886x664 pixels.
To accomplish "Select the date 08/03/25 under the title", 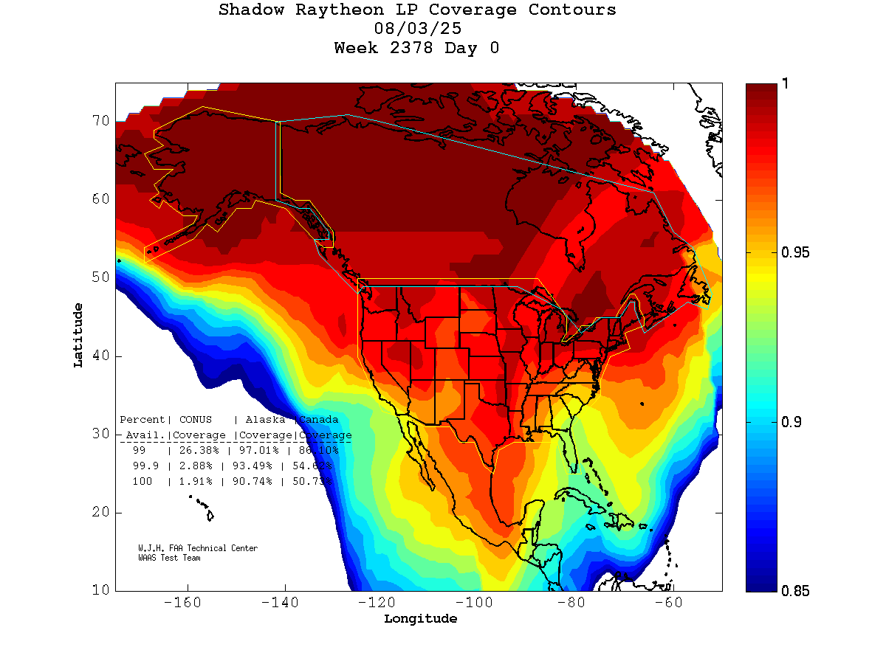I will (x=419, y=30).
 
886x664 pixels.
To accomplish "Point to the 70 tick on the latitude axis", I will (x=100, y=120).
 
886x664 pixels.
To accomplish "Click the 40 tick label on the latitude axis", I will (x=100, y=356).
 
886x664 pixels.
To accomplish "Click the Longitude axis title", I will (x=420, y=619).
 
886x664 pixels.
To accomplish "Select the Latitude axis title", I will (x=78, y=335).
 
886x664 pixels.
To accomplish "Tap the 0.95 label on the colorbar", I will (x=795, y=253).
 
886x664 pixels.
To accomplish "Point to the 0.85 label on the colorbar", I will (x=795, y=590).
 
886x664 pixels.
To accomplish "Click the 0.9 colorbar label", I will (x=791, y=422).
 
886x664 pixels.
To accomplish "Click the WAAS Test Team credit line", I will (x=169, y=558).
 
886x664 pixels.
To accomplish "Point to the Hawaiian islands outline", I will (x=202, y=508).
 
